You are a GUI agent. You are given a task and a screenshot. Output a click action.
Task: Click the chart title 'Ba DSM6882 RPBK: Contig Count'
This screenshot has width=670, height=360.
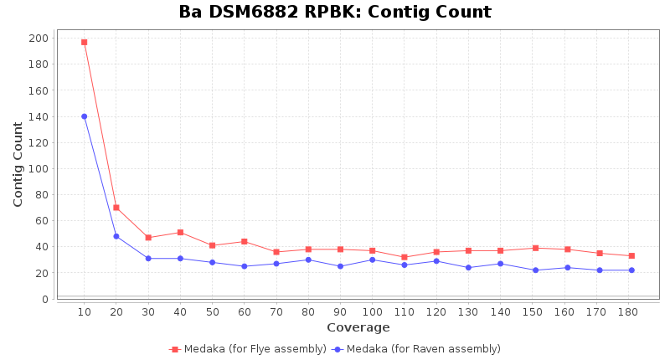click(x=335, y=13)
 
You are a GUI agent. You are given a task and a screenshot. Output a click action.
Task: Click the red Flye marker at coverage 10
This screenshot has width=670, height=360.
click(x=84, y=42)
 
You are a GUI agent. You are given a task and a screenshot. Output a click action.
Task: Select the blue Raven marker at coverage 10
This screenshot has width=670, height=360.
click(x=84, y=116)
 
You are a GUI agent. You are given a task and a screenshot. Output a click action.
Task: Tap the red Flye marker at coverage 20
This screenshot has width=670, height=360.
click(x=116, y=208)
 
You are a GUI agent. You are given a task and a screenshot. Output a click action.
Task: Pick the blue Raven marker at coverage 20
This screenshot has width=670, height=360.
click(x=116, y=236)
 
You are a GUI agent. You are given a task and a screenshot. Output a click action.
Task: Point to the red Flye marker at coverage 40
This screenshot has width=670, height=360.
click(x=180, y=233)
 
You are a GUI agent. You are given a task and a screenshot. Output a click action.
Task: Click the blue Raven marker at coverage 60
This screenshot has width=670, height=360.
click(x=244, y=266)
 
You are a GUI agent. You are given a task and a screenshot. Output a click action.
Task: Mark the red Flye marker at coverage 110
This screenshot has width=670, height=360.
click(x=404, y=257)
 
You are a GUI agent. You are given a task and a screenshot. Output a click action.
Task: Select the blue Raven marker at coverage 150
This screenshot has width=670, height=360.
click(x=535, y=270)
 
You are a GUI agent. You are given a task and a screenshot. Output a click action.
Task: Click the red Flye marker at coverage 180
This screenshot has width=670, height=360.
click(x=631, y=255)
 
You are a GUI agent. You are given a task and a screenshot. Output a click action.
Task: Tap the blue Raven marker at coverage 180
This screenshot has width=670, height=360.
click(x=631, y=270)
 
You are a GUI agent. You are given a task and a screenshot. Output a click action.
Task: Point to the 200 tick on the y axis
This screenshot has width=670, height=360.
click(x=39, y=39)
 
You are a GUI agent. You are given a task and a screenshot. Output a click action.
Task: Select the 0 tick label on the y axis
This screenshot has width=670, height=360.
click(x=44, y=299)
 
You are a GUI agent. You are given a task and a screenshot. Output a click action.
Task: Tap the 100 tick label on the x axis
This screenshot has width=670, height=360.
click(x=372, y=311)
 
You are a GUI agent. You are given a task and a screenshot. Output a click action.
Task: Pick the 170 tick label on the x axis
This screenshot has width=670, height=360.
click(x=599, y=311)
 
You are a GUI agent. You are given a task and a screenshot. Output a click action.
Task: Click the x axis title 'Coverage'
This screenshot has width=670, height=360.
click(x=358, y=327)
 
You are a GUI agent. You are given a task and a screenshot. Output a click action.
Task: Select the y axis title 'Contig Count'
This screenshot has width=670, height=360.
click(x=18, y=164)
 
